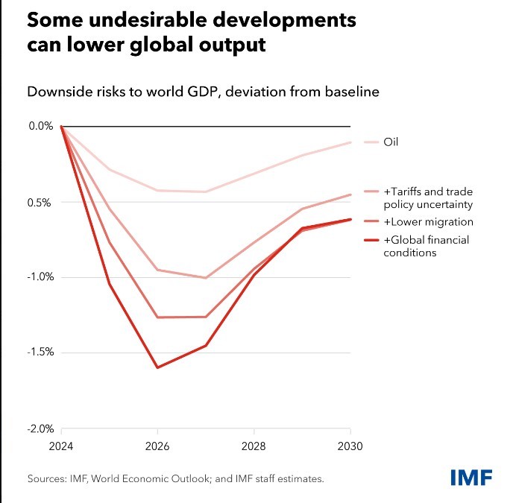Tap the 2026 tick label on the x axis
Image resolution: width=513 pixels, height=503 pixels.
click(x=157, y=448)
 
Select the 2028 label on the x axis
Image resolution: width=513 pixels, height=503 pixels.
click(x=254, y=448)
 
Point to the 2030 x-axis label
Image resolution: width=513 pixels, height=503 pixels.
click(x=350, y=448)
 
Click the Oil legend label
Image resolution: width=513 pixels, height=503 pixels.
click(x=391, y=142)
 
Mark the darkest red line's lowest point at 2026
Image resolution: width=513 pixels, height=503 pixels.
click(x=157, y=367)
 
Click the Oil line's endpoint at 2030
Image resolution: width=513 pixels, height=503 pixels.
click(x=350, y=142)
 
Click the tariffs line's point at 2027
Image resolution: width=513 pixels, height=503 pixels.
click(x=205, y=278)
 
